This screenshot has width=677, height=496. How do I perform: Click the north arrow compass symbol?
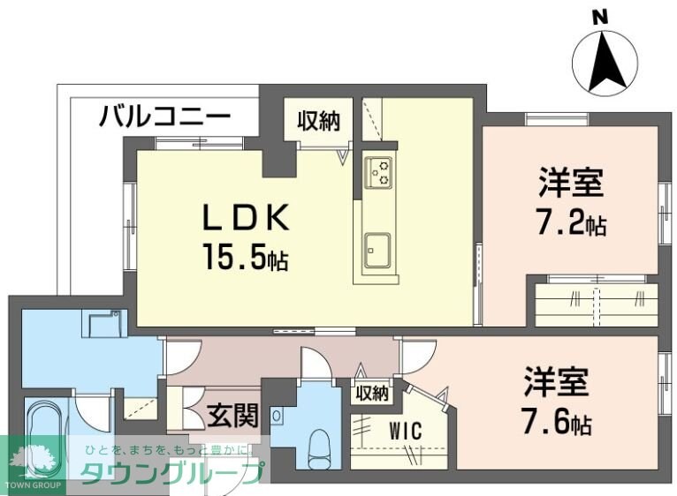(x=605, y=64)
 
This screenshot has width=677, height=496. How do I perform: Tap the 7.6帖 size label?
(x=556, y=424)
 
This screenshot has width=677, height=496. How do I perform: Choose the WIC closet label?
(x=404, y=432)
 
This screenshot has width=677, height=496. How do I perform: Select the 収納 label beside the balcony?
(x=318, y=123)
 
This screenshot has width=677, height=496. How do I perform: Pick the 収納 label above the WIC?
(x=372, y=394)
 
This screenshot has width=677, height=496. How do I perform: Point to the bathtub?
(x=42, y=441)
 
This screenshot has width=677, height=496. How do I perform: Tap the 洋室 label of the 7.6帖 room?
(x=556, y=384)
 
